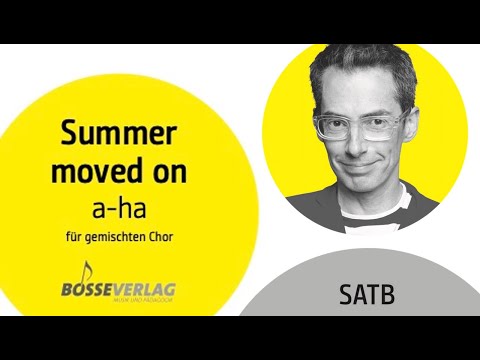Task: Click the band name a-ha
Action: point(124,206)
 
